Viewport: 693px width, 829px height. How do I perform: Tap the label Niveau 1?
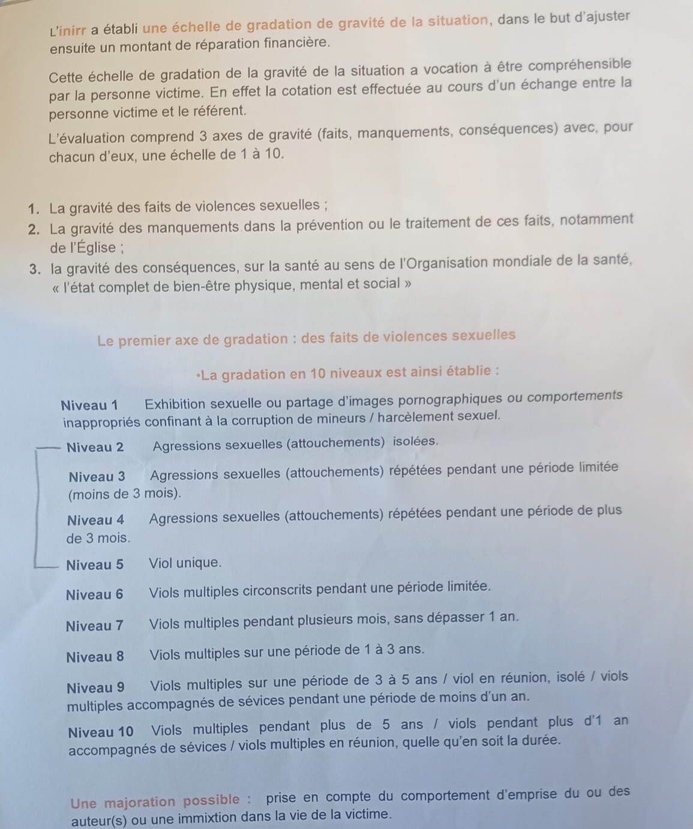point(89,406)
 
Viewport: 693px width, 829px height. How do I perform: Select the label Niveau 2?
point(95,447)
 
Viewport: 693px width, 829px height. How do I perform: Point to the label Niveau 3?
point(97,477)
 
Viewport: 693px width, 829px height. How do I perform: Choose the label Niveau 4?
point(96,520)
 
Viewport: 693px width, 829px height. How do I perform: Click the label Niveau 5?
point(95,565)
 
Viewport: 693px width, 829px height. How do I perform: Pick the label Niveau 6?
point(95,595)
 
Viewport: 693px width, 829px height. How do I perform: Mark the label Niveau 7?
point(95,626)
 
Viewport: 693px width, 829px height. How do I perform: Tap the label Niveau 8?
point(95,657)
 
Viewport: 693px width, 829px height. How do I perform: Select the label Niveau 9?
point(96,688)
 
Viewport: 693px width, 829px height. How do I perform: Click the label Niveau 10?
point(101,732)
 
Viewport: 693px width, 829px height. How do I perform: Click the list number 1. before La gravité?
point(35,209)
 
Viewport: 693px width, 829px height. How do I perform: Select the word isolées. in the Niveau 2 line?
point(415,441)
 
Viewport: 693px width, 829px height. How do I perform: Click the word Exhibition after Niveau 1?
point(175,404)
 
